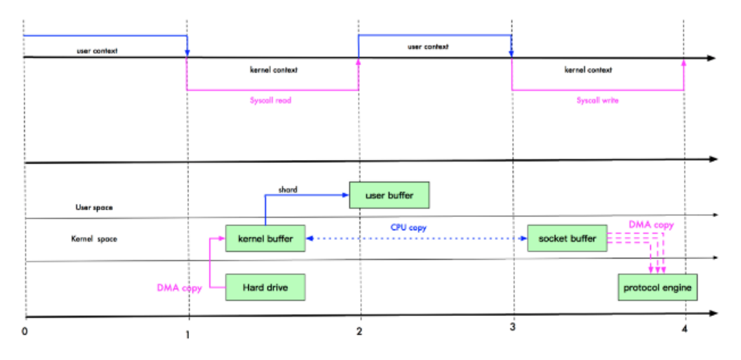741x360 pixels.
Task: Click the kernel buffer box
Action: pyautogui.click(x=265, y=239)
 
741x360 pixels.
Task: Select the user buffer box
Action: pyautogui.click(x=390, y=195)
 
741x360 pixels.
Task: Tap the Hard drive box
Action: pyautogui.click(x=265, y=287)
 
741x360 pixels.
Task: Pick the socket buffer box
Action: pyautogui.click(x=567, y=238)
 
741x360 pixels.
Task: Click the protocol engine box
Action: pyautogui.click(x=658, y=287)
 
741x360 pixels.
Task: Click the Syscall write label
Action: pyautogui.click(x=597, y=100)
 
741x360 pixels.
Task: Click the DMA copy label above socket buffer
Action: pyautogui.click(x=651, y=225)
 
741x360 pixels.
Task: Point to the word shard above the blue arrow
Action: pyautogui.click(x=287, y=190)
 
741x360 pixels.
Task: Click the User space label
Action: pyautogui.click(x=94, y=207)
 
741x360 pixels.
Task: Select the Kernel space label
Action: pyautogui.click(x=94, y=239)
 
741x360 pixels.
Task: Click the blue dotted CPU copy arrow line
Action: pyautogui.click(x=412, y=238)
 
